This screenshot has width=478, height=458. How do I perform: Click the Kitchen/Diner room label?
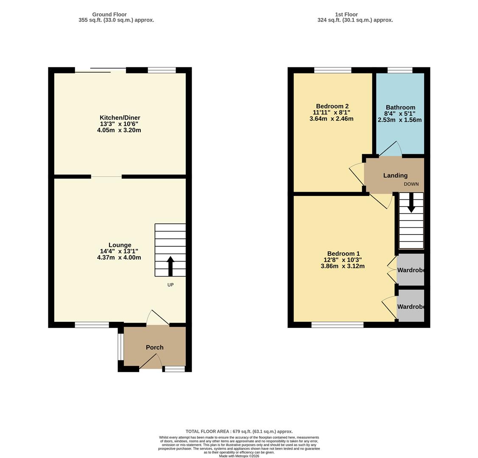120,117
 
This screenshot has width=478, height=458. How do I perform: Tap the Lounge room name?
120,245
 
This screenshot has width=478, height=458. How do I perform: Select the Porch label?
154,347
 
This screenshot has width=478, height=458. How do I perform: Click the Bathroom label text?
400,107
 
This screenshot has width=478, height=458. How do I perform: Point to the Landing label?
395,175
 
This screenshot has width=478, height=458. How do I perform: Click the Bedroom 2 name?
332,106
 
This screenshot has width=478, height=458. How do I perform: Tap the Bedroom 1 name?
343,254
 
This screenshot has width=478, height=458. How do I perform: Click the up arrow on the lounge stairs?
171,265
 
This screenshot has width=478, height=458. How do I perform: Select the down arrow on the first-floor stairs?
411,203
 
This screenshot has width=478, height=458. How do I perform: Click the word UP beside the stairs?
171,285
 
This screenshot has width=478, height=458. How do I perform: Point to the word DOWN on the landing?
411,184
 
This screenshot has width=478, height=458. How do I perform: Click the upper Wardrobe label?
411,270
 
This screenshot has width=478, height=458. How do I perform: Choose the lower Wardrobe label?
411,307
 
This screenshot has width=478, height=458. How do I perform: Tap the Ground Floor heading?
109,14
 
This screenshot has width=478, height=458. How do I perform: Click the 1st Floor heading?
346,14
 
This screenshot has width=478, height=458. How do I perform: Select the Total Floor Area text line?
239,431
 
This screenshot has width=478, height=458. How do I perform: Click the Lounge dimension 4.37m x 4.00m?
119,257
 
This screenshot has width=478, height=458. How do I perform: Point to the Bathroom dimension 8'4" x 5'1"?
400,114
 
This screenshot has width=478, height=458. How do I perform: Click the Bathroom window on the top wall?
400,70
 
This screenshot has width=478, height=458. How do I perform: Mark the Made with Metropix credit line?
239,456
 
